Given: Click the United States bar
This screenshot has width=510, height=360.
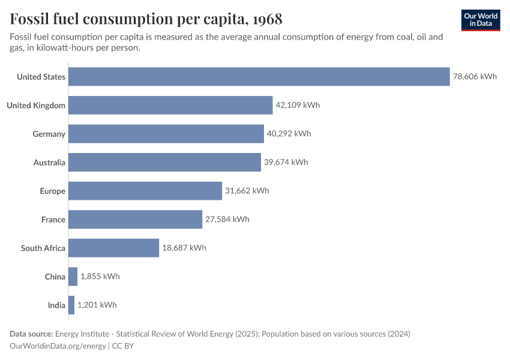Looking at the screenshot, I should [x=259, y=77].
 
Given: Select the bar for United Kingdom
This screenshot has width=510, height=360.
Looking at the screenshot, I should [x=170, y=105].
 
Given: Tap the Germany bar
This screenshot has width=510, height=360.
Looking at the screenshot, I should [x=166, y=134].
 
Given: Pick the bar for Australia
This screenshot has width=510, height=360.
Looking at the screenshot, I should [x=164, y=162].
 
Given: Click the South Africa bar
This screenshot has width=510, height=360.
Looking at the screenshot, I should [x=113, y=248].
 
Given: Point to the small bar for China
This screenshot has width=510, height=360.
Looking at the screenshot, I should [x=73, y=277].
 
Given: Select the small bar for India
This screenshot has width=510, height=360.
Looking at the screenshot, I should [x=71, y=305].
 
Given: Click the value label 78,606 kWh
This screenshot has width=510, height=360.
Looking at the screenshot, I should [x=475, y=77].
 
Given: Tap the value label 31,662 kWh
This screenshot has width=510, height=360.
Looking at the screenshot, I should [x=247, y=191].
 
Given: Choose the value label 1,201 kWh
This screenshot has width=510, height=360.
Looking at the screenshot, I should [x=97, y=305].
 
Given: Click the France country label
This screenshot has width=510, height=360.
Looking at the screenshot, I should [x=53, y=220].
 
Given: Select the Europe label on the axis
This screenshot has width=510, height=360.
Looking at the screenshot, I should [x=53, y=191].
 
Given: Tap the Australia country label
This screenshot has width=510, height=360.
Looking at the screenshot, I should [x=49, y=162].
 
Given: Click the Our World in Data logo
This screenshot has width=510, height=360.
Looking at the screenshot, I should [x=481, y=20].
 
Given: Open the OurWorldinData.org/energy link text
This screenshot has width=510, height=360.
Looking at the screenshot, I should [x=58, y=346].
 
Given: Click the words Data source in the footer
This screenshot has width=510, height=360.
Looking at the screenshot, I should [x=31, y=334].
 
